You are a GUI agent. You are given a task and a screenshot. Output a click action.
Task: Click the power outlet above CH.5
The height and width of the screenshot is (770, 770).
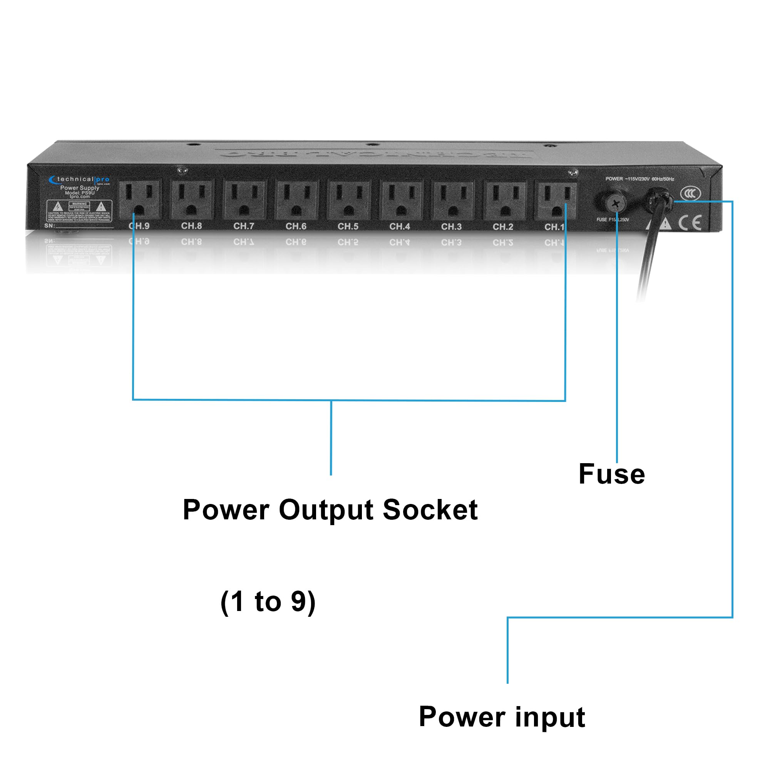[x=349, y=199]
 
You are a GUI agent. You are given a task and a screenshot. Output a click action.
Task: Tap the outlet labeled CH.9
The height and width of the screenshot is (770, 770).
[x=139, y=199]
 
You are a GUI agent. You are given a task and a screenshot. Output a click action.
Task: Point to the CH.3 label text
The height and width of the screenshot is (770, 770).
[x=452, y=226]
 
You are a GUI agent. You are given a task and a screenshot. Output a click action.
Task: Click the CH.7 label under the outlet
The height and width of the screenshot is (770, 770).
[x=244, y=226]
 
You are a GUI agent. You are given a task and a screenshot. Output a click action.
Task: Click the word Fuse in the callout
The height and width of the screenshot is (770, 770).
[x=611, y=474]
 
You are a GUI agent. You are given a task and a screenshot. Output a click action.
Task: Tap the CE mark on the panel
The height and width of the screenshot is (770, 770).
[x=690, y=223]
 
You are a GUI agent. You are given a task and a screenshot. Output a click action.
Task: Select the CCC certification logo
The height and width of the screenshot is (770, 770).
[x=690, y=194]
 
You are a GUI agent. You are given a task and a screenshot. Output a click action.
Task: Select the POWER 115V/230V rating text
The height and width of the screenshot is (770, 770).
[x=639, y=179]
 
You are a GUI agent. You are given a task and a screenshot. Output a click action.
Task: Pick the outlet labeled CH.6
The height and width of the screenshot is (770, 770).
[x=296, y=199]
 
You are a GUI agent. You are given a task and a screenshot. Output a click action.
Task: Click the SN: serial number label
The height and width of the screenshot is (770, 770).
[x=49, y=226]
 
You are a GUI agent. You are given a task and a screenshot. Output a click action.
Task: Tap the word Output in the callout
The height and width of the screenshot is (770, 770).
[x=326, y=510]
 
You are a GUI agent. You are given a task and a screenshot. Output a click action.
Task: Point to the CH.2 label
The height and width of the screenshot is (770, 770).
[x=502, y=227]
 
